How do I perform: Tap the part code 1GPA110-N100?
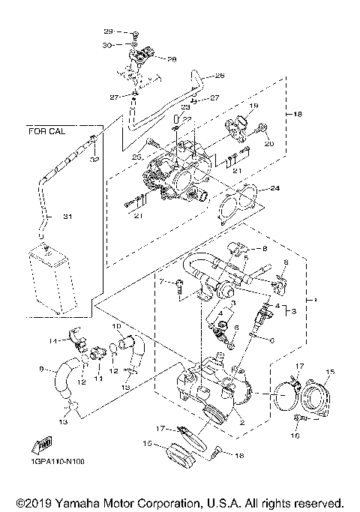point(58,461)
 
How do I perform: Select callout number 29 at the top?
point(107,31)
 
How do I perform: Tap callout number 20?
point(270,144)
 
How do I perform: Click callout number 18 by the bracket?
point(298,114)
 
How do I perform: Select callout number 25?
point(137,157)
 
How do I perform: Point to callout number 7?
point(160,281)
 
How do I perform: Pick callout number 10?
point(116,327)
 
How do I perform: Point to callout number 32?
point(95,160)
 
